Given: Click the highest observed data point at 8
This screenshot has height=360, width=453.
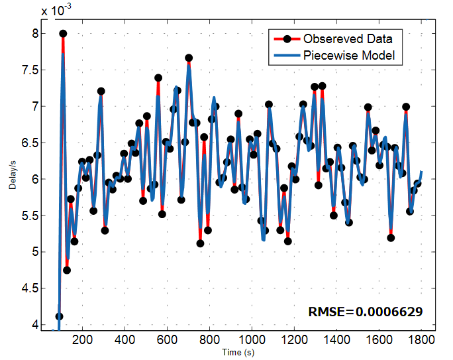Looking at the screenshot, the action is click(x=63, y=34).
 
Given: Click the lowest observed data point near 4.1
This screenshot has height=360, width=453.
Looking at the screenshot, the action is click(x=59, y=316).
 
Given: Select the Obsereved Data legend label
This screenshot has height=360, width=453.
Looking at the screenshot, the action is click(x=348, y=38).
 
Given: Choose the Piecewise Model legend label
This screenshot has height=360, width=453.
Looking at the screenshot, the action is click(x=349, y=55).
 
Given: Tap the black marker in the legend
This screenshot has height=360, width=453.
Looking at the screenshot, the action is click(x=287, y=39).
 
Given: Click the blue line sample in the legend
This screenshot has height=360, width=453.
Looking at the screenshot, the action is click(x=287, y=55).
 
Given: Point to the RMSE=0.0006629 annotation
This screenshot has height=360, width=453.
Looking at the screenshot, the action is click(x=366, y=312).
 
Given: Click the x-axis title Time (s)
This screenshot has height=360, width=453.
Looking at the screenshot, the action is click(x=238, y=353).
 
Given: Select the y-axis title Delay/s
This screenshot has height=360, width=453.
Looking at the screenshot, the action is click(x=13, y=176).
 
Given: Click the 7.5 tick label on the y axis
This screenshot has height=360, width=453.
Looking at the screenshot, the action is click(x=30, y=70).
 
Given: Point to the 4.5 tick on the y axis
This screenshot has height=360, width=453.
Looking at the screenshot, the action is click(x=30, y=288).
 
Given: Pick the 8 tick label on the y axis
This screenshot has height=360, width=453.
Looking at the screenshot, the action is click(x=35, y=34).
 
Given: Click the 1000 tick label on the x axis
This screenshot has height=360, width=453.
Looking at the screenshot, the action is click(x=252, y=339).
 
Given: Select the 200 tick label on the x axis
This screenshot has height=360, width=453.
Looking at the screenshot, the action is click(x=82, y=339).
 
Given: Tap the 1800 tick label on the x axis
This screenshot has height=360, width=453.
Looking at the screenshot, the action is click(x=421, y=339).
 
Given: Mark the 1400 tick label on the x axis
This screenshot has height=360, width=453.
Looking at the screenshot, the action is click(x=336, y=339).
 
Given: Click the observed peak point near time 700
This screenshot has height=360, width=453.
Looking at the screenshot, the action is click(x=189, y=58).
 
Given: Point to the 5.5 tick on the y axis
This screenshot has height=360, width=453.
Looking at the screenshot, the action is click(x=30, y=215).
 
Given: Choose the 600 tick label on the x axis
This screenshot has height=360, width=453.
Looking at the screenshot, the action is click(x=167, y=339).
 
